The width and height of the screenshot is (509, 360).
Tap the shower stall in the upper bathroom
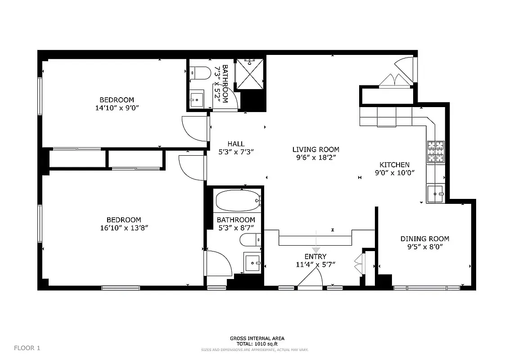[x=250, y=73]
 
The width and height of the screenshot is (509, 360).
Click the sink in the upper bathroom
[x=197, y=99]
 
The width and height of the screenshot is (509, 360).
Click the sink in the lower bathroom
[x=252, y=262]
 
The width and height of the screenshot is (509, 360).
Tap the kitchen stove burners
[x=435, y=152]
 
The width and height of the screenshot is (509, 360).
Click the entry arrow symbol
[x=316, y=249]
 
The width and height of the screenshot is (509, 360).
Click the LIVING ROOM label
[x=315, y=149]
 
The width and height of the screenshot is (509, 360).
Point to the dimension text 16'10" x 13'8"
[x=124, y=228]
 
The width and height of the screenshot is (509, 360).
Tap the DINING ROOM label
[x=425, y=239]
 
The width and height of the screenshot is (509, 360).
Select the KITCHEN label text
[x=394, y=165]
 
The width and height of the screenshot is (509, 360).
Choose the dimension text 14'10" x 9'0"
[x=117, y=108]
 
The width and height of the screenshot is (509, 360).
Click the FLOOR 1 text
[x=27, y=347]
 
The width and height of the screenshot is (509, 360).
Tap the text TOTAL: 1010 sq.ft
[x=257, y=344]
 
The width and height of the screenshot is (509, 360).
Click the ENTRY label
[x=315, y=256]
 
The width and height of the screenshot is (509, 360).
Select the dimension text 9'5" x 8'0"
[x=425, y=247]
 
